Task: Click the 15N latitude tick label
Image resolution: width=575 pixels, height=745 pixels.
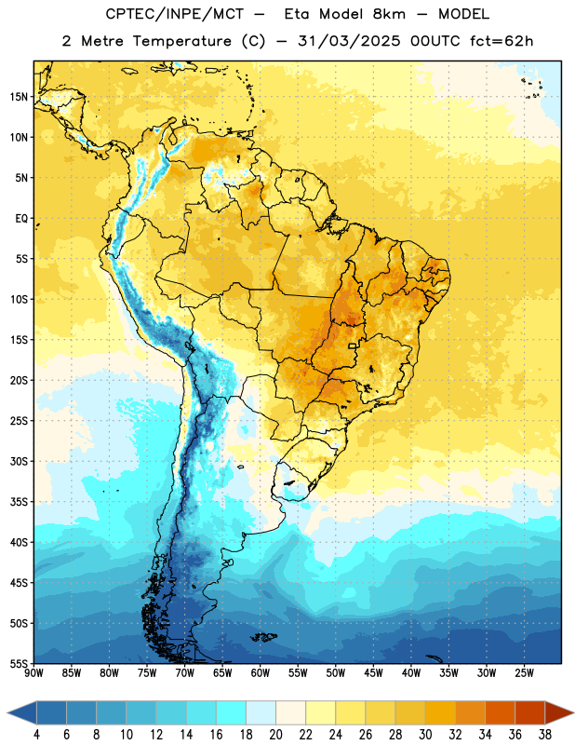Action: coord(19,97)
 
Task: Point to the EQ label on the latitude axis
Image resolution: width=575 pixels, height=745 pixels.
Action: coord(21,219)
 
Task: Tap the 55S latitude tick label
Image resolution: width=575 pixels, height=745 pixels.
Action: coord(19,663)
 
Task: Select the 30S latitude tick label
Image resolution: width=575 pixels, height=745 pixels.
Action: coord(19,461)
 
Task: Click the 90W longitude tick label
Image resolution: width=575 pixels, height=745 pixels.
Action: coord(34,673)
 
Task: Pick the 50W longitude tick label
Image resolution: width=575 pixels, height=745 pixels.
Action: coord(336,673)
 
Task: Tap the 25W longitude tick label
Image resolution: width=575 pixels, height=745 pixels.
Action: coord(524,673)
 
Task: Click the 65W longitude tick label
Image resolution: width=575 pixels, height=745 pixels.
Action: coord(222,673)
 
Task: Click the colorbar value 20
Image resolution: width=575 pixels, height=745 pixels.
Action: coord(275,735)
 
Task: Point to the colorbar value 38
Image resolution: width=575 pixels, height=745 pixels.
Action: coord(545,735)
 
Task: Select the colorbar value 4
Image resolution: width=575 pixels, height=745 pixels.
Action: coord(36,735)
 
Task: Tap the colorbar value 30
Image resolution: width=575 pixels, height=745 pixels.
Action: coord(425,735)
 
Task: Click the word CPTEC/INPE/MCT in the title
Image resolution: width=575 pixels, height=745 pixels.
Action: coord(175,14)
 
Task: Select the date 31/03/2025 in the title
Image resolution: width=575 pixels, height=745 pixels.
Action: coord(350,41)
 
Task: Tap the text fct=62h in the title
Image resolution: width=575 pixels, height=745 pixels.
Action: coord(501,41)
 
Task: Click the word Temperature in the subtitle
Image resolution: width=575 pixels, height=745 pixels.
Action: coord(181,41)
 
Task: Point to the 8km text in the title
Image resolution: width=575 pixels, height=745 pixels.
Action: coord(389,14)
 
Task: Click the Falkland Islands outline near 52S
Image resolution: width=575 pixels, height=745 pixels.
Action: coord(264,637)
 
